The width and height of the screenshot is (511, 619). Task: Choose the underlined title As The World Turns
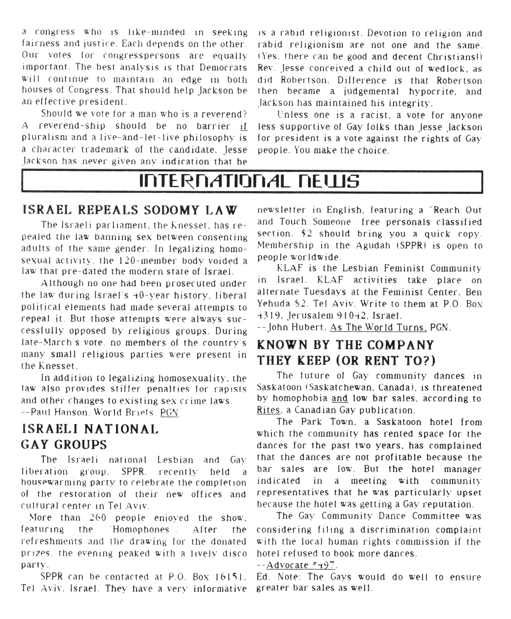tap(378, 328)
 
